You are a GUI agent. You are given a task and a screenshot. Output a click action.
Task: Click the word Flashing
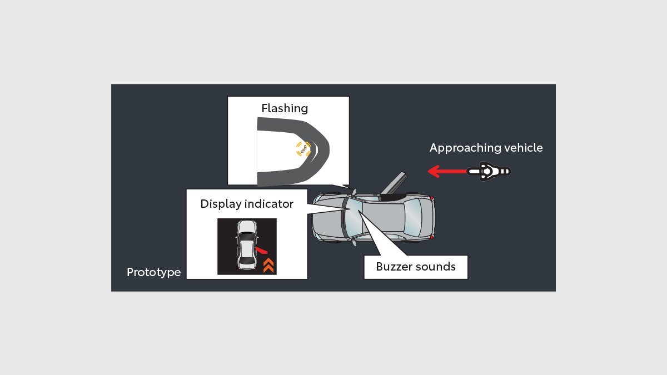click(285, 108)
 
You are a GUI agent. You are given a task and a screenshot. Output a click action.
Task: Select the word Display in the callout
click(221, 204)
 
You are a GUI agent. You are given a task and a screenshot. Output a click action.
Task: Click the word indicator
click(269, 204)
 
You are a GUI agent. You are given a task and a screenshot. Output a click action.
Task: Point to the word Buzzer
click(394, 267)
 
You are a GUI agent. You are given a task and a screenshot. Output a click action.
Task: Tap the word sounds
click(435, 267)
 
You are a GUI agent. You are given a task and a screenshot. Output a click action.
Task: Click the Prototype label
click(153, 272)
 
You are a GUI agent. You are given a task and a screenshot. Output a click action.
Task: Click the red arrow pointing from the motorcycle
click(447, 171)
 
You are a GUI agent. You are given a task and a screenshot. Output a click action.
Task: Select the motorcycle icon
click(489, 171)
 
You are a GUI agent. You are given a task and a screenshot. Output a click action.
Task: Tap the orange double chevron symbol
click(268, 266)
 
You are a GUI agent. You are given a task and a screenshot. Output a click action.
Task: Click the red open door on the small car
click(261, 250)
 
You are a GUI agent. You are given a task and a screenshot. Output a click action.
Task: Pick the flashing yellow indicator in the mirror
click(303, 149)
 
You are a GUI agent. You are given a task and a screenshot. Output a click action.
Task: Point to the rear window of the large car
click(413, 217)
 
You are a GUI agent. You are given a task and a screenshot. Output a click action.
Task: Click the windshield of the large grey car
click(353, 217)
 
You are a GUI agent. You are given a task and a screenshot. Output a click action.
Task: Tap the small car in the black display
click(247, 244)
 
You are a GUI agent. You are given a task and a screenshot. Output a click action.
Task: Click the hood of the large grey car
click(327, 217)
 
